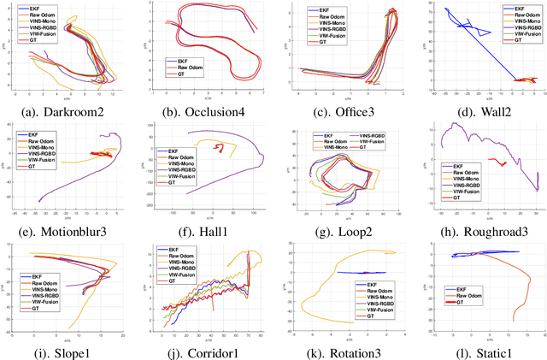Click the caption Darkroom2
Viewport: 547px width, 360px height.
coord(68,110)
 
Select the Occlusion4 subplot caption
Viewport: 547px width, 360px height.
coord(204,110)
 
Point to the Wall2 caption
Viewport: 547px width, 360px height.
coord(478,110)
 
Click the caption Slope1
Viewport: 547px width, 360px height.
coord(68,351)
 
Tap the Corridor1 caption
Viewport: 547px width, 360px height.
coord(204,351)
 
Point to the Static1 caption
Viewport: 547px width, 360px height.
coord(478,351)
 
